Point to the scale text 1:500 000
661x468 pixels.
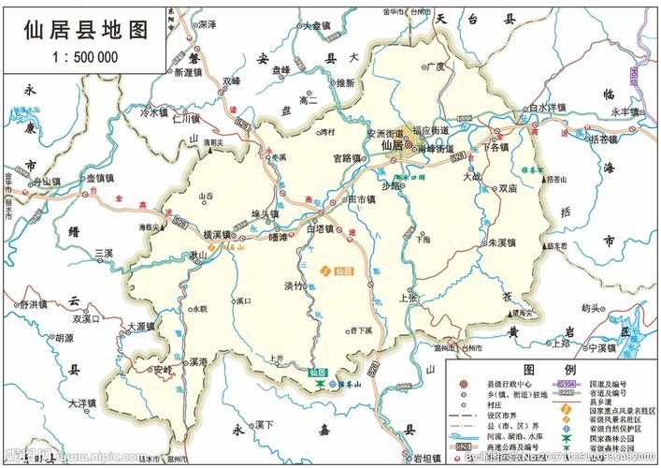point(85,57)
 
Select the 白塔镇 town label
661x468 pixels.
point(323,227)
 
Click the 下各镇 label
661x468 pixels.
point(496,147)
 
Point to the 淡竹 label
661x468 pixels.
point(295,286)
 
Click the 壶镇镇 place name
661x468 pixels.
point(99,178)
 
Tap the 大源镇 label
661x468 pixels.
point(141,327)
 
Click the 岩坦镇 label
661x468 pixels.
point(425,459)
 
